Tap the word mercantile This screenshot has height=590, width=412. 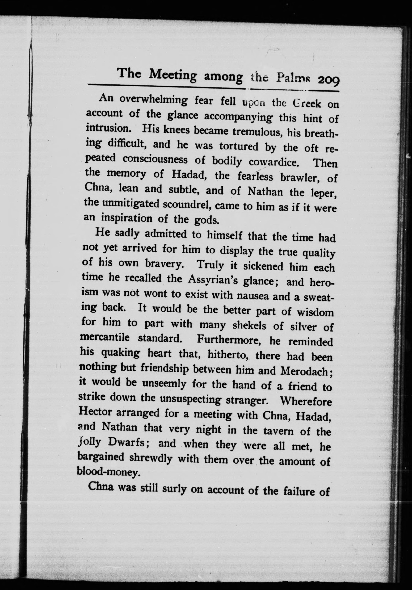click(105, 338)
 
